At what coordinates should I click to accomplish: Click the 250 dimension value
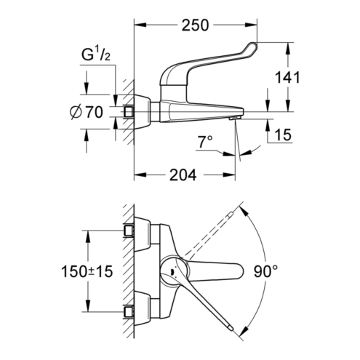[x=195, y=25]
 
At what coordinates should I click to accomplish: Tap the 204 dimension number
[x=183, y=175]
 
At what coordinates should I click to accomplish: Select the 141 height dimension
[x=287, y=78]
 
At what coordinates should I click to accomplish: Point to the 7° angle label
[x=205, y=142]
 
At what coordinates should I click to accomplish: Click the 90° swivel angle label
[x=266, y=271]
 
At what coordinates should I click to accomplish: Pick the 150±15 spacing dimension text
[x=87, y=271]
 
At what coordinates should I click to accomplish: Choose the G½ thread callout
[x=96, y=55]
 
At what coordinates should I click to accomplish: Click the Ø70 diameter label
[x=87, y=112]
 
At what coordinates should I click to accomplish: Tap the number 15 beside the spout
[x=283, y=135]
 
